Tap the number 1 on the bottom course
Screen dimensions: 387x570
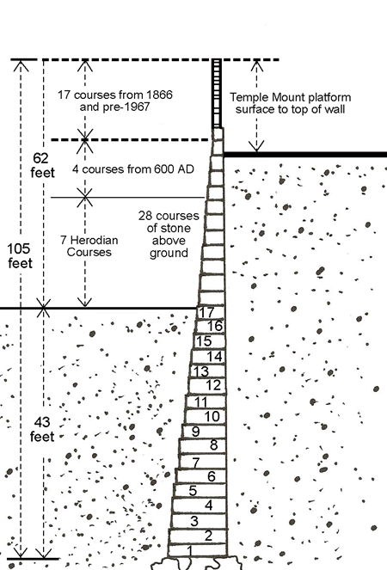point(189,551)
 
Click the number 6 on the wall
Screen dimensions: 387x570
point(212,476)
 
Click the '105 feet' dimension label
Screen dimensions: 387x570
point(20,256)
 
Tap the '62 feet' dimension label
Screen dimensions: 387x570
point(42,165)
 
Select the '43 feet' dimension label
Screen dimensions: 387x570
point(42,429)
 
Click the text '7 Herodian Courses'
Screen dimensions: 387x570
point(89,246)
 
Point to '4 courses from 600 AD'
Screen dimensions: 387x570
point(132,169)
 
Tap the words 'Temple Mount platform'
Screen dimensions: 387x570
point(291,97)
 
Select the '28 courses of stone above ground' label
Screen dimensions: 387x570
point(169,234)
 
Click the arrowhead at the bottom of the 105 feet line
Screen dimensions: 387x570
point(21,552)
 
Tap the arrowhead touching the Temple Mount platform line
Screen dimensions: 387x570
point(257,146)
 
